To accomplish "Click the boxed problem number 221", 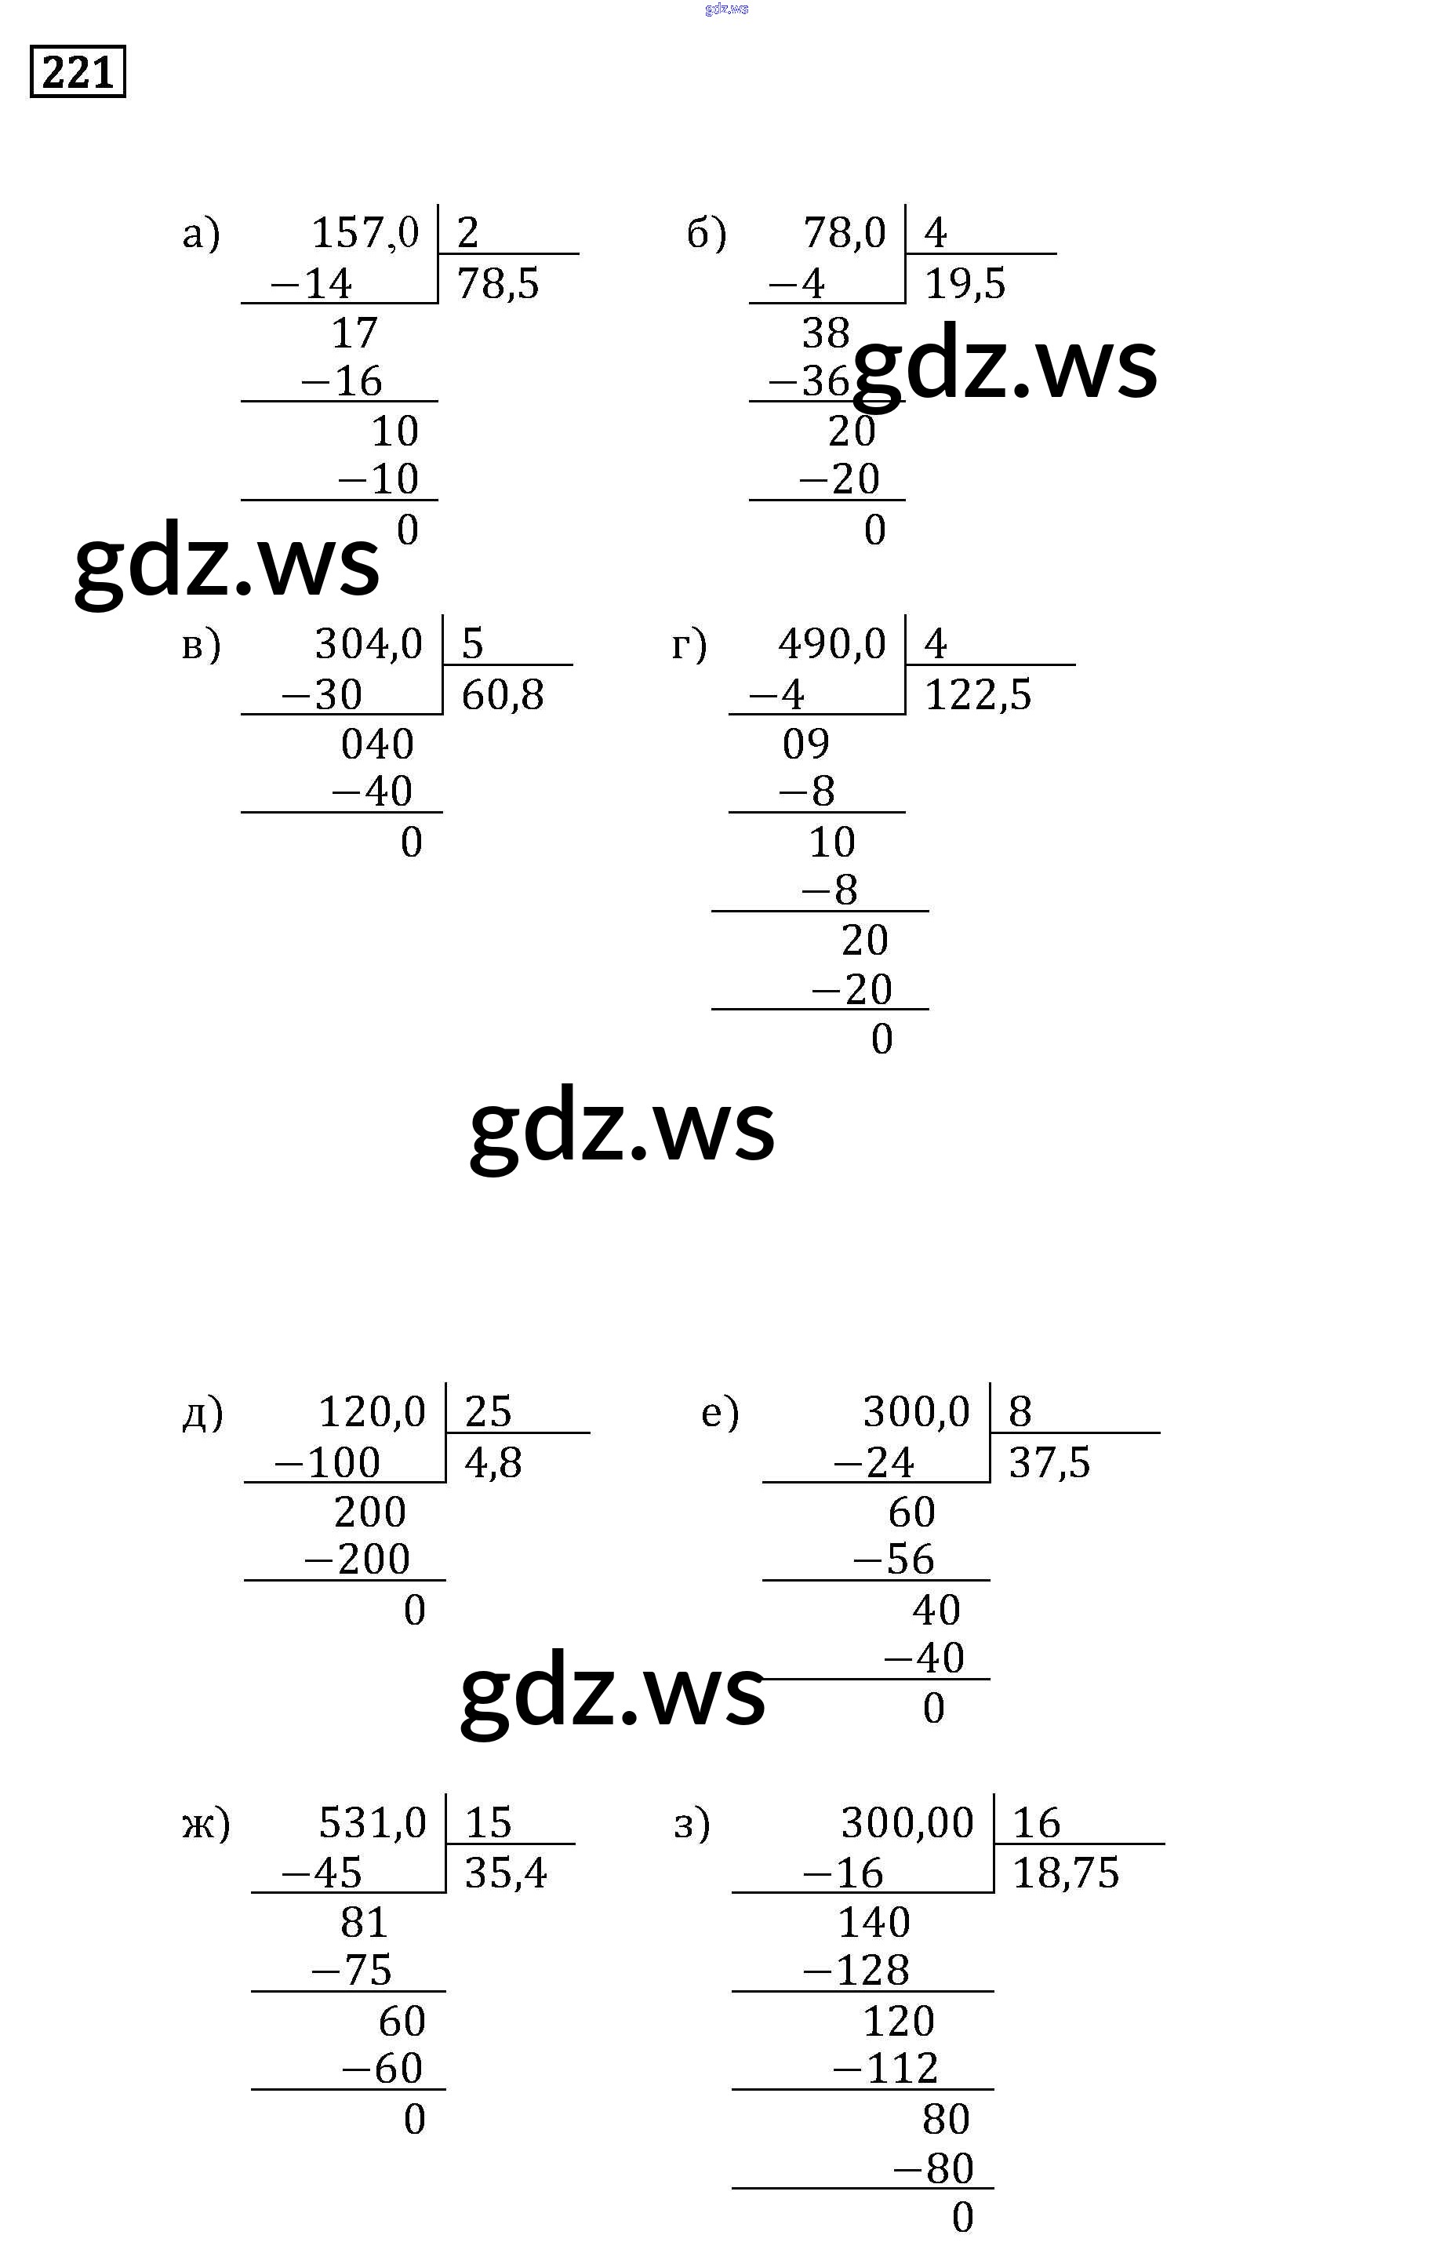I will [x=78, y=71].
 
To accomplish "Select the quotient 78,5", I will [x=497, y=283].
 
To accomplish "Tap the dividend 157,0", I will [x=365, y=232].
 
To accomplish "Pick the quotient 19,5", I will [x=965, y=283].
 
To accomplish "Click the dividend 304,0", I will [x=368, y=643].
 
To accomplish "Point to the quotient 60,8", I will [x=502, y=694].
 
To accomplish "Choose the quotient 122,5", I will [x=977, y=694].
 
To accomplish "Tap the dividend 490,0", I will [x=831, y=643].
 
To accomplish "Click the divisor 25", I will [x=488, y=1411].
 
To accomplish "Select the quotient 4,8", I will [x=493, y=1462].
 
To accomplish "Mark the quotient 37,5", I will [x=1049, y=1462].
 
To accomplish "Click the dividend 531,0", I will [x=373, y=1822].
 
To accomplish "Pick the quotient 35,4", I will [x=505, y=1873].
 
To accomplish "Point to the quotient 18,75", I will [x=1064, y=1873].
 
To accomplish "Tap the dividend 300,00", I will [x=907, y=1822].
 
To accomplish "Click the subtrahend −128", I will [x=856, y=1970].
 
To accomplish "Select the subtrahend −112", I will [x=885, y=2068].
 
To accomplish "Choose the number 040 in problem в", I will [x=376, y=744].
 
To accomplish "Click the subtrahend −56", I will [x=892, y=1558].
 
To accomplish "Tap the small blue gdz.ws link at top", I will [x=725, y=9].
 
